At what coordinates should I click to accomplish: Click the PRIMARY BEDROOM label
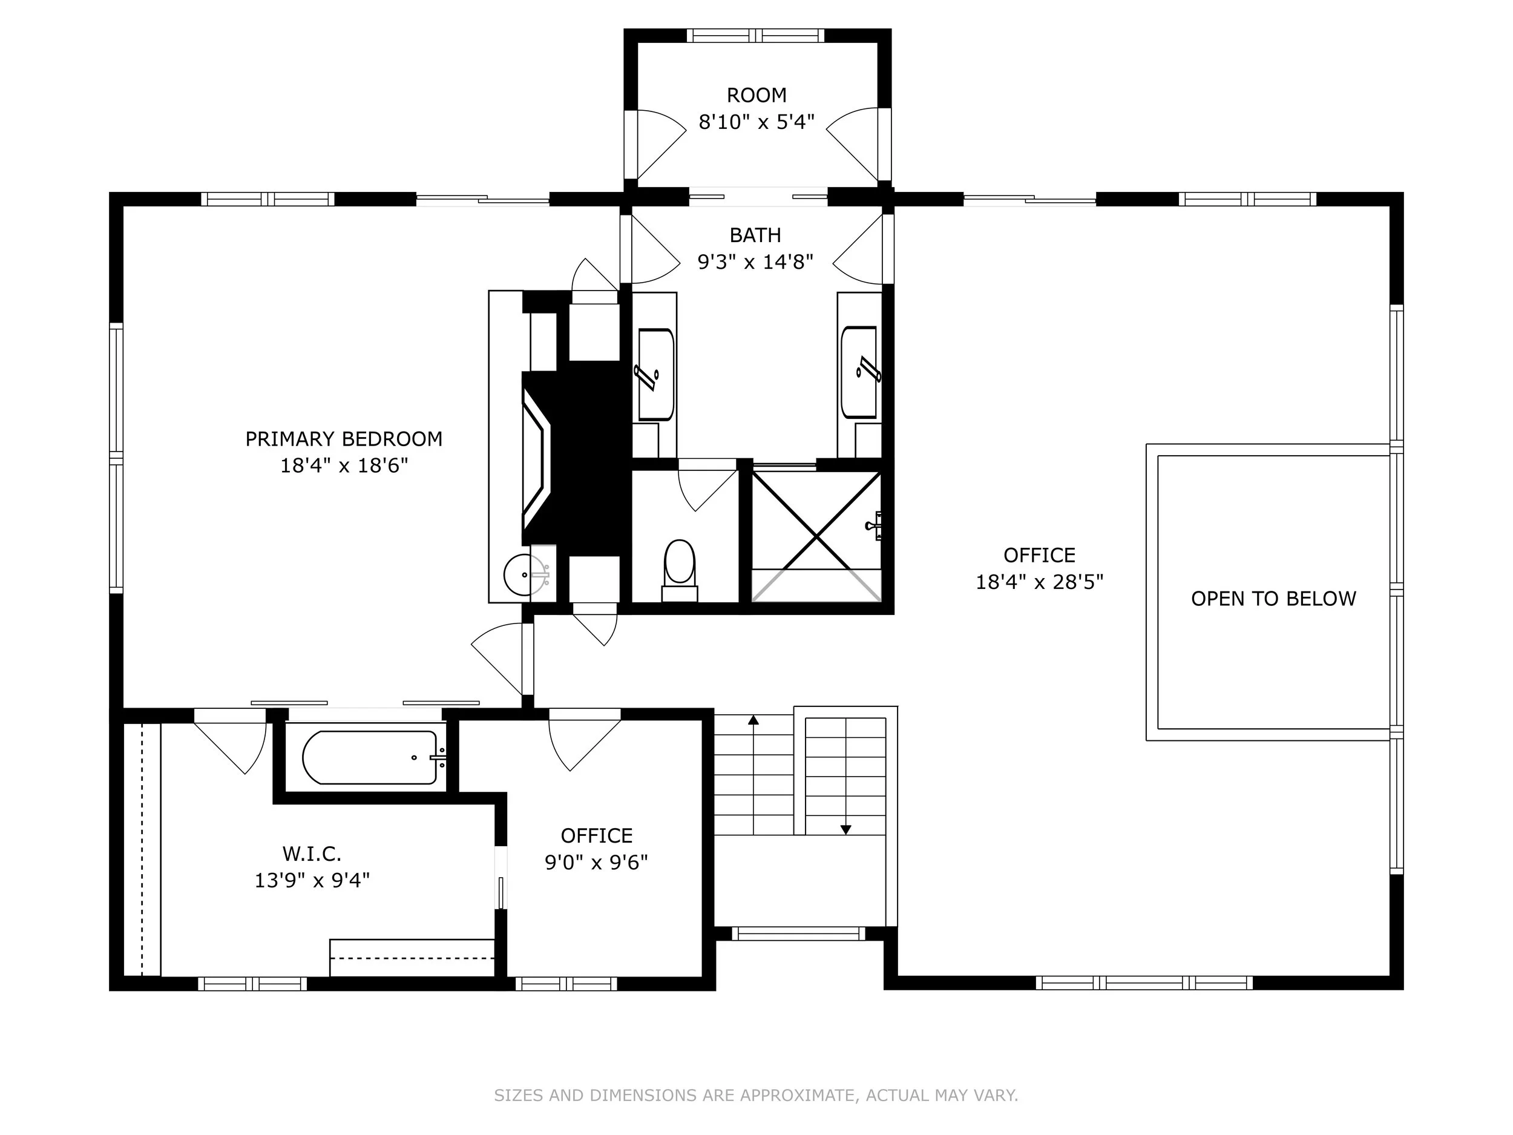click(344, 438)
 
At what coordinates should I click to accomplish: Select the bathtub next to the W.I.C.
click(370, 757)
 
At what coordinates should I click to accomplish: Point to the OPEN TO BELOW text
click(1273, 599)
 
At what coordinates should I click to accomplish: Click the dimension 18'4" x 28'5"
click(1040, 582)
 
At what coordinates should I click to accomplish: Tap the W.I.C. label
click(312, 854)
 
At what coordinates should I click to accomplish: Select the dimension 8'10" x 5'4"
click(756, 122)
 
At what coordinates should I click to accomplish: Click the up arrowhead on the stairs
click(753, 720)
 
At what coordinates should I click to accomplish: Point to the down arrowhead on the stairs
click(846, 830)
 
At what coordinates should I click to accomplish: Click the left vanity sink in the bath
click(656, 374)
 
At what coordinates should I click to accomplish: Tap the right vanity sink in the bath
click(859, 372)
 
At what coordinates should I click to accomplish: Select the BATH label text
click(755, 235)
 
